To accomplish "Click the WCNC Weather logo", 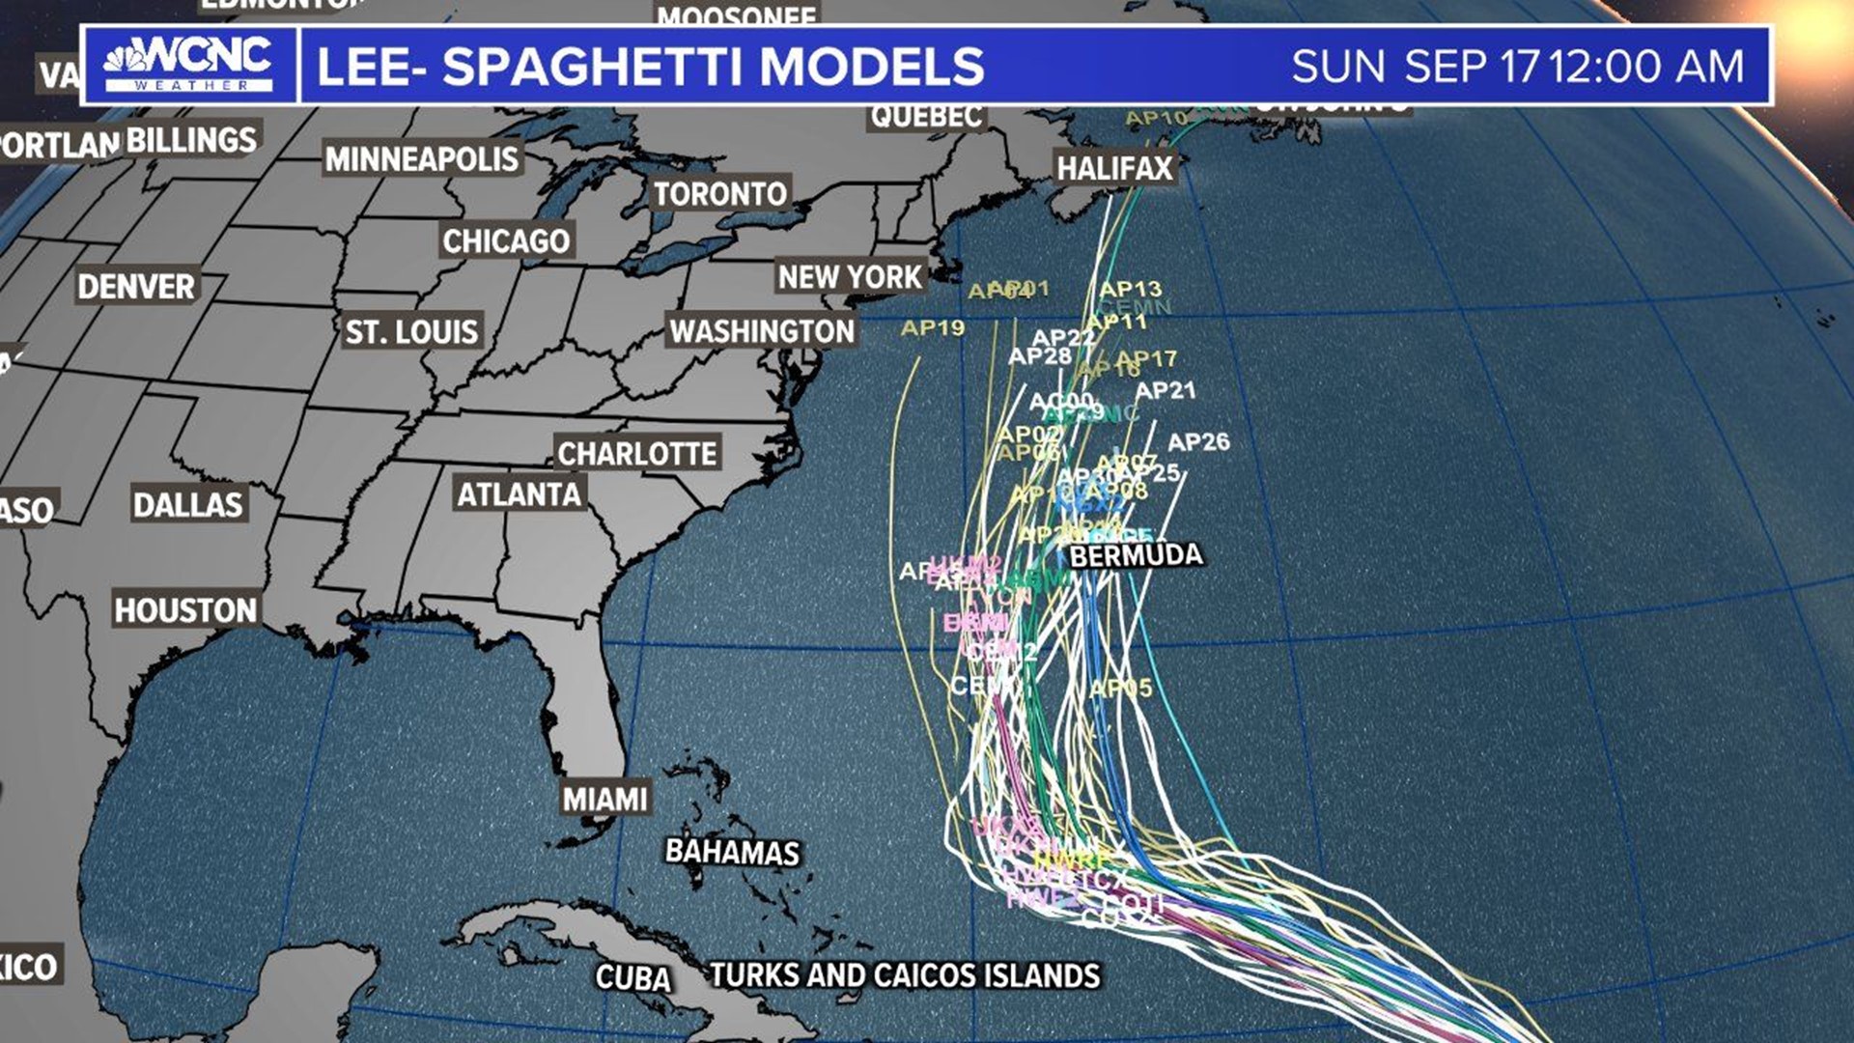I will (188, 65).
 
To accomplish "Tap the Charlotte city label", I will (637, 453).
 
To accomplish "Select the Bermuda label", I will (1136, 555).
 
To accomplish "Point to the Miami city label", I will (604, 799).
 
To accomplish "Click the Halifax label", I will (1114, 168).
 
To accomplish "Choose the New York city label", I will (850, 277).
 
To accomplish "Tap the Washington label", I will (762, 331).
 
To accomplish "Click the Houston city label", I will (185, 609).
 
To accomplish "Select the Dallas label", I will (187, 504).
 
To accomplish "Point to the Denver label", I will (136, 286).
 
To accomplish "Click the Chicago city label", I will (506, 240).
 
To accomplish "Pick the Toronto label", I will (720, 194).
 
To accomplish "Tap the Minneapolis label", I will (421, 158).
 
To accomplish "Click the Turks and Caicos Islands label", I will (905, 975).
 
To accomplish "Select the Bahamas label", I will (732, 852).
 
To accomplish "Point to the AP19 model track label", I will (932, 328).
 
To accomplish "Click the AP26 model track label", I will (1198, 442).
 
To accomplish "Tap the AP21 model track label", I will (1166, 390).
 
